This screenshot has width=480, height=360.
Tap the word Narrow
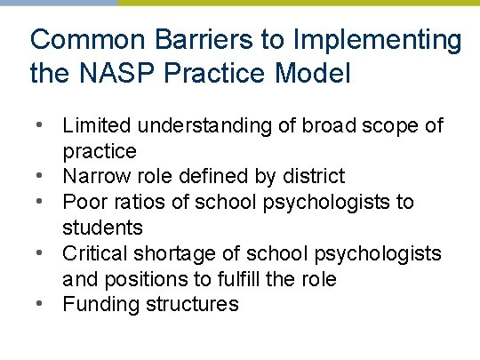94,176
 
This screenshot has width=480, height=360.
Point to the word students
103,228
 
